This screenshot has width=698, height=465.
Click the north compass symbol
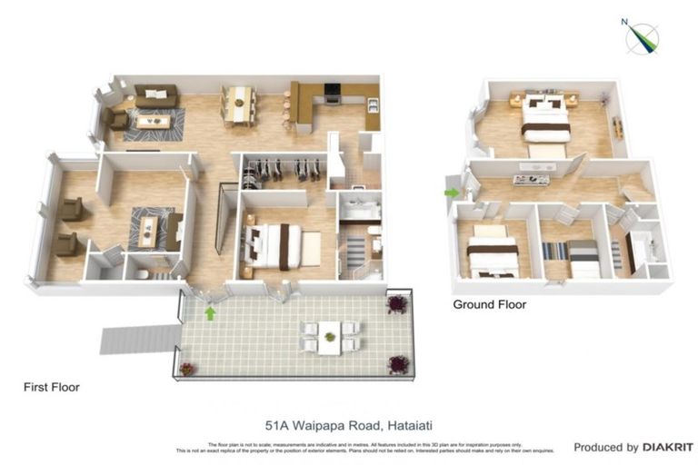coord(643,35)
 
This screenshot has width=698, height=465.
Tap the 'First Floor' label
coord(51,387)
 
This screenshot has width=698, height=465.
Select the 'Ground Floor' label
coord(489,305)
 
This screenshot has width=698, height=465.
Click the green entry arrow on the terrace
coord(211,314)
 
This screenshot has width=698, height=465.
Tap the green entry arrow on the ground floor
coord(451,193)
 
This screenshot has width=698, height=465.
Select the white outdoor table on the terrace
coord(330,335)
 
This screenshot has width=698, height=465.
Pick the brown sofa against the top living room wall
coord(156,94)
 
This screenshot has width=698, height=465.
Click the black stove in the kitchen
coord(333,93)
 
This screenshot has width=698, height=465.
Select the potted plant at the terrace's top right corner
coord(396,302)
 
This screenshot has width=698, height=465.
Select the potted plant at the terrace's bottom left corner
coord(187,369)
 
